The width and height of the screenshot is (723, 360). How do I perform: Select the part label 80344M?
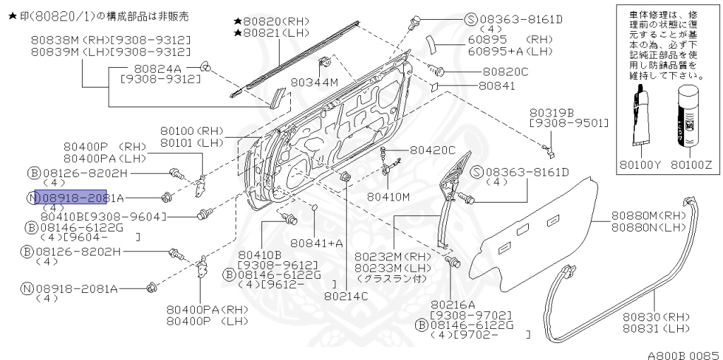[314, 83]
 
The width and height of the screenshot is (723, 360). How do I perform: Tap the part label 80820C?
[505, 72]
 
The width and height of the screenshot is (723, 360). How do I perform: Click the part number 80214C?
[346, 296]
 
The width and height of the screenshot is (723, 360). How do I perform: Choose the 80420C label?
[433, 150]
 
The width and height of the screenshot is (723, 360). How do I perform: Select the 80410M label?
[388, 196]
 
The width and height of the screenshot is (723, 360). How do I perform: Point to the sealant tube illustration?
[641, 116]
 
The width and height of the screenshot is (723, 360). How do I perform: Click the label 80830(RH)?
[656, 317]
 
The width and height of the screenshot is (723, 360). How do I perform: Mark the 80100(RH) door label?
[191, 131]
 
